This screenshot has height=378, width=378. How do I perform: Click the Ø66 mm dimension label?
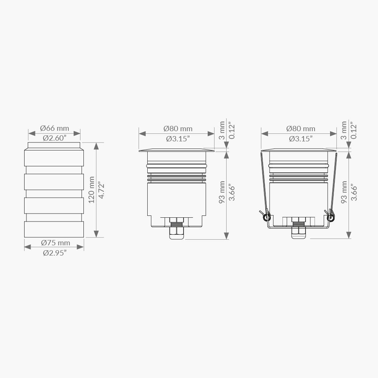point(54,128)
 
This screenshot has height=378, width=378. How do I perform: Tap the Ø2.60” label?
point(54,138)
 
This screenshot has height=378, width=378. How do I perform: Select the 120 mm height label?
point(92,190)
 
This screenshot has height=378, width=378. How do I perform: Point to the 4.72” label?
point(102,191)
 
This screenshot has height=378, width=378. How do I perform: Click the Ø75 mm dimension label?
point(56,243)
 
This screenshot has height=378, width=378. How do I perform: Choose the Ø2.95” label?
point(55,253)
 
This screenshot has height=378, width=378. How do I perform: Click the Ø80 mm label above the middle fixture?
point(178,129)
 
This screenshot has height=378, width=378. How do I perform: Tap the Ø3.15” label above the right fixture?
point(301,139)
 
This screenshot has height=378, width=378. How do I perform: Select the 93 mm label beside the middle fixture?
point(222,192)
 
